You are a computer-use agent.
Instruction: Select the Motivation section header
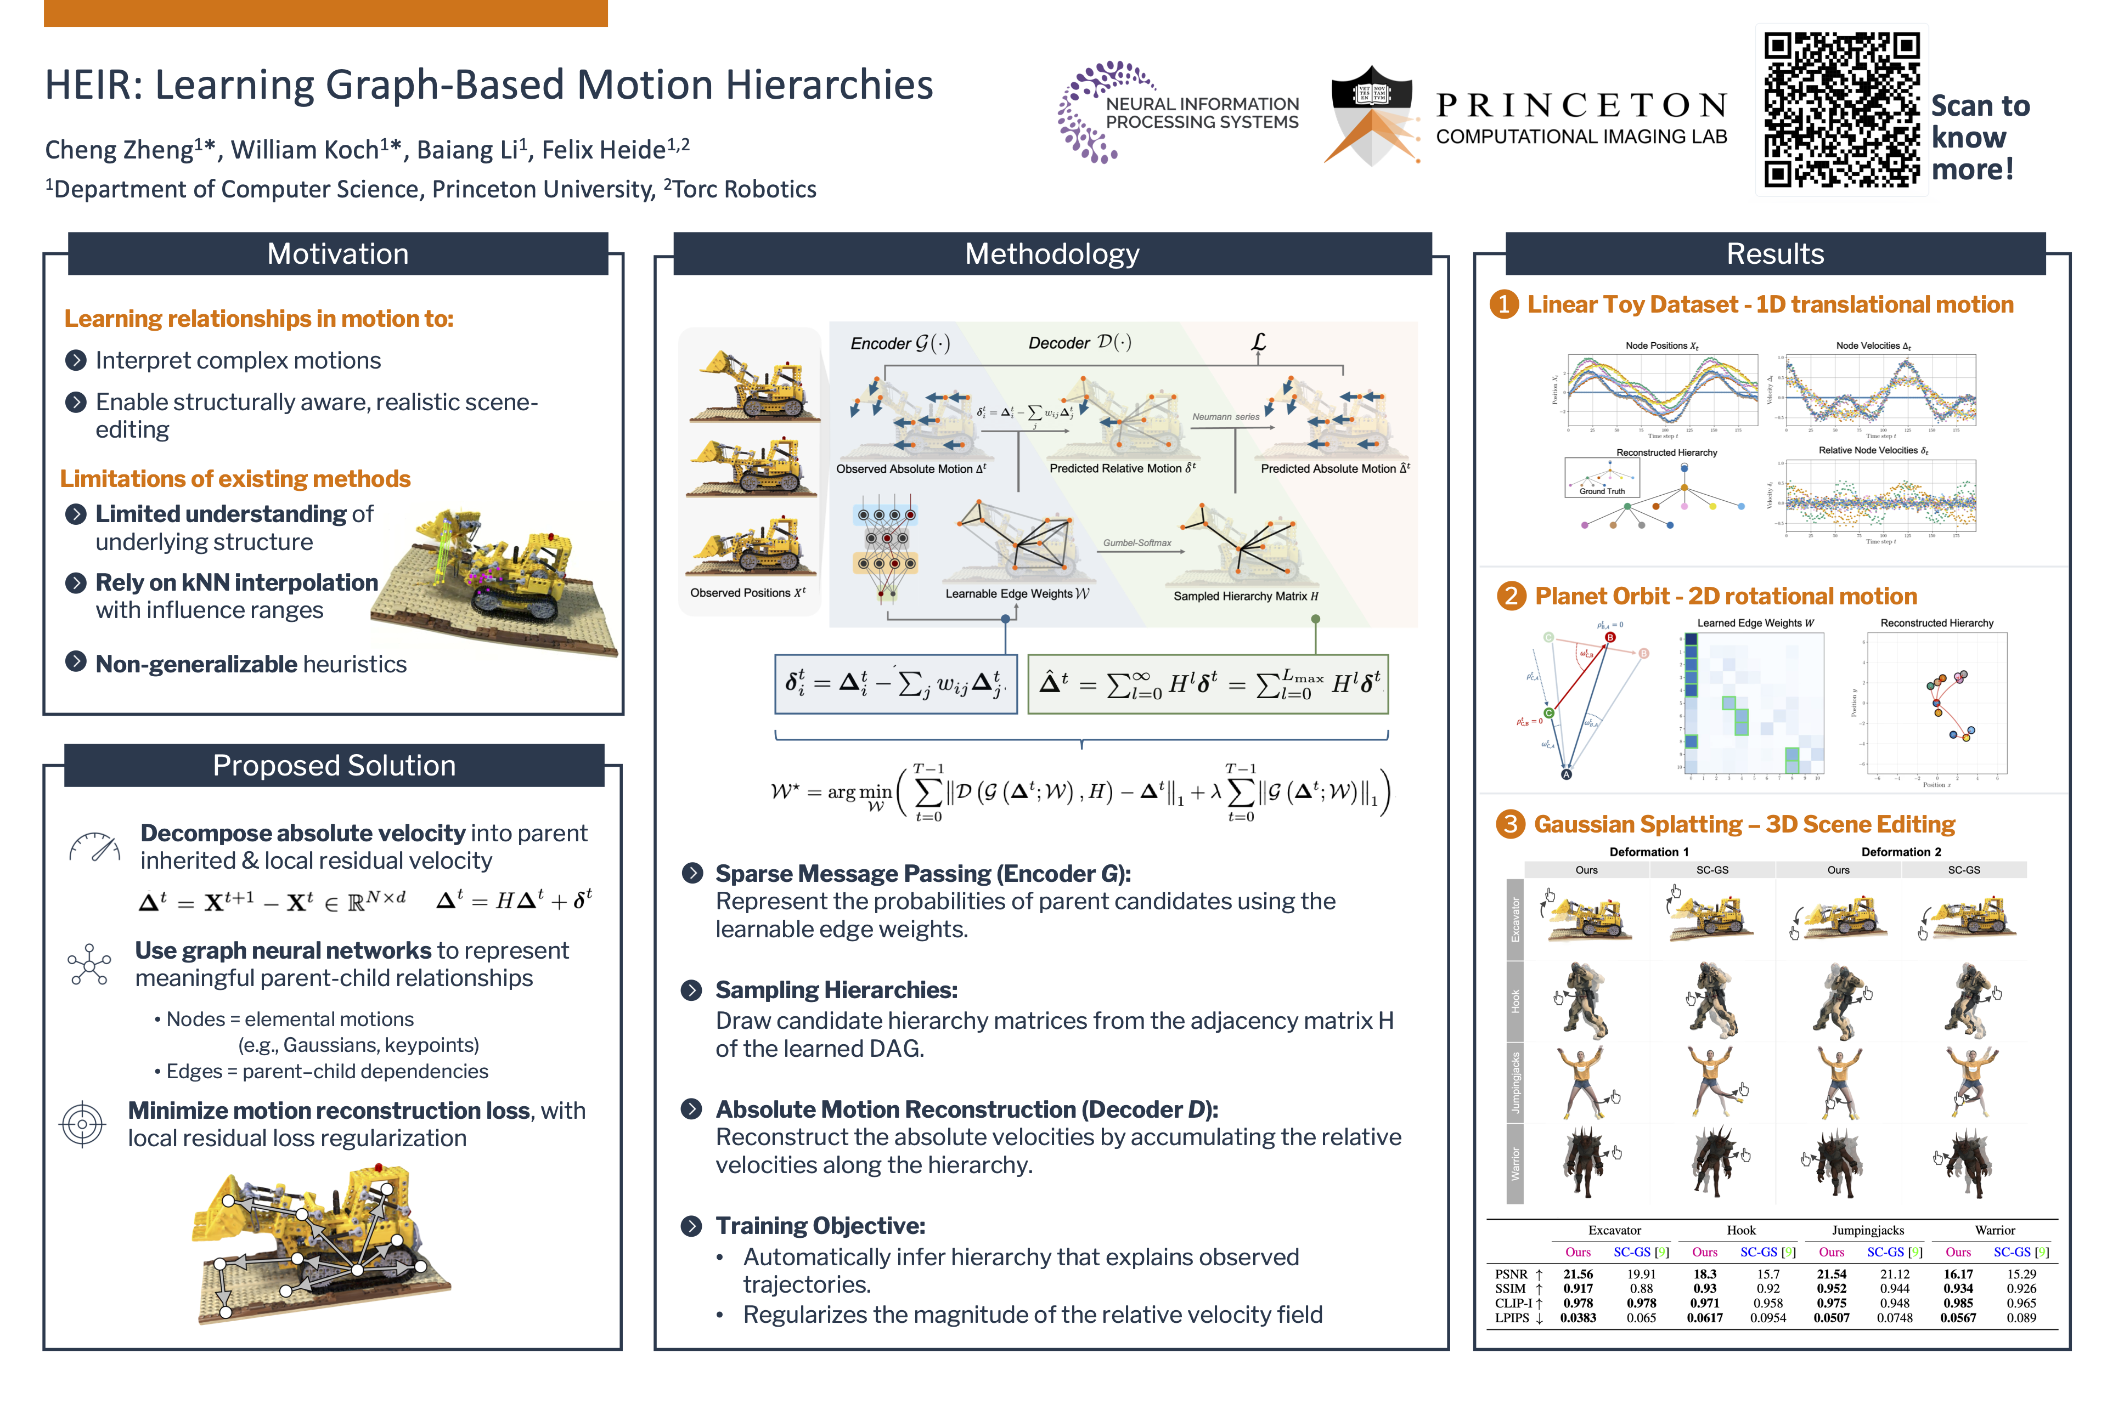click(338, 254)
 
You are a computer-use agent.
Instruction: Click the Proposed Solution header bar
click(334, 766)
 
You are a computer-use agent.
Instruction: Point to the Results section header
click(1774, 254)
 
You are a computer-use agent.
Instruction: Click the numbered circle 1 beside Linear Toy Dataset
click(1503, 304)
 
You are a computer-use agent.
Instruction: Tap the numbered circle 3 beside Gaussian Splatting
click(1511, 824)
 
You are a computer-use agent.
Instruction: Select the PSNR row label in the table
click(1511, 1274)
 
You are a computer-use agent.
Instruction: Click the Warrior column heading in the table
click(1995, 1230)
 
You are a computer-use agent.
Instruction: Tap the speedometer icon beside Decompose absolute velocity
click(94, 846)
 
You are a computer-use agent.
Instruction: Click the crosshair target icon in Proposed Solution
click(82, 1124)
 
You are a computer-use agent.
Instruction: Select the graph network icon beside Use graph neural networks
click(89, 964)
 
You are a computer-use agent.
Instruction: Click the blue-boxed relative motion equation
click(896, 684)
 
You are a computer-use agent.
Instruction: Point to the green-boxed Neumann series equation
click(1208, 684)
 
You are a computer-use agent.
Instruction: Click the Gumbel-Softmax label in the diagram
click(1137, 542)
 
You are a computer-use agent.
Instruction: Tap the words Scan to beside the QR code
click(1980, 106)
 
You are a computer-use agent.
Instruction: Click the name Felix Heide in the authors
click(603, 150)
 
